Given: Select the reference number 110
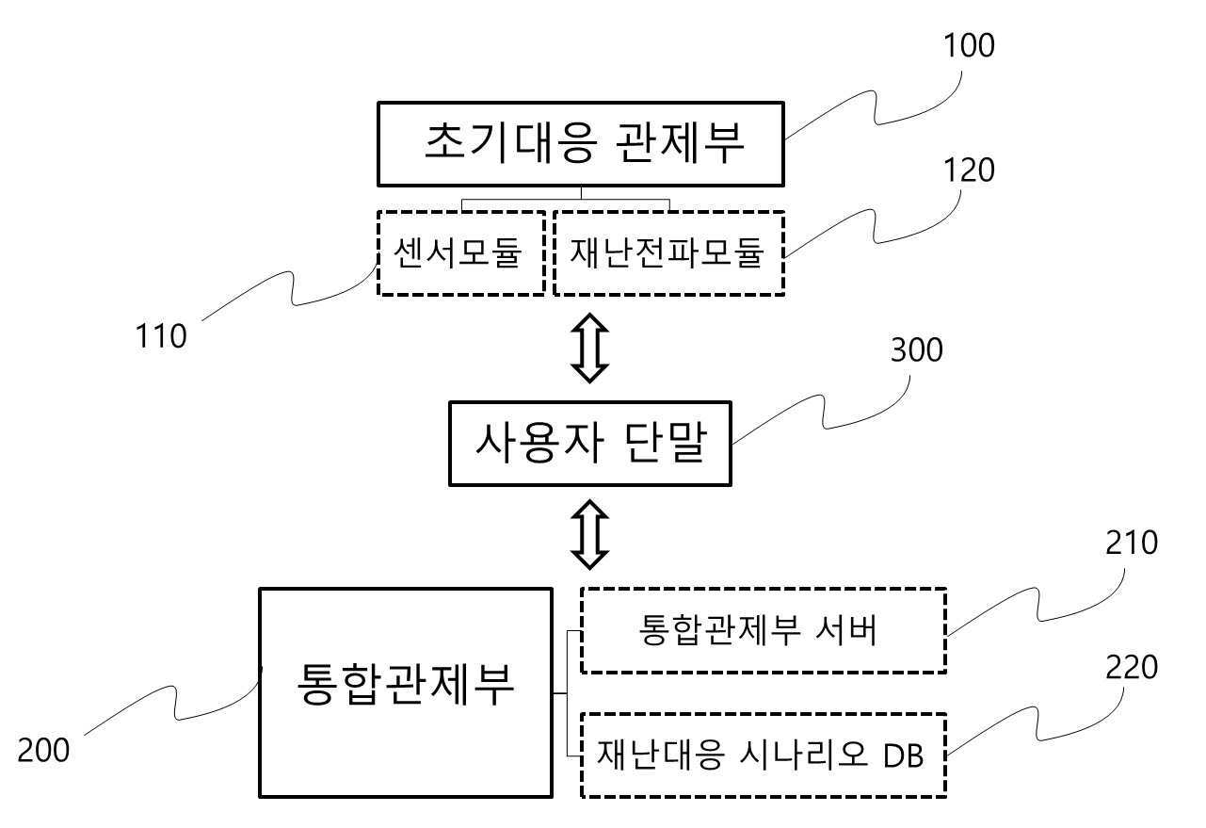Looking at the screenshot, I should (x=160, y=336).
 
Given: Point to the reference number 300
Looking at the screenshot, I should (x=915, y=350).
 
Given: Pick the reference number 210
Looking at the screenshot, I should (x=1130, y=543).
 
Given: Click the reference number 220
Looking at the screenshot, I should (x=1130, y=668).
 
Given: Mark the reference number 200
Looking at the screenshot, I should (x=43, y=751).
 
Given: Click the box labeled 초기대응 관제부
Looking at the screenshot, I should (x=581, y=144).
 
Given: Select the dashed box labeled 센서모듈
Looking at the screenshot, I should (x=461, y=253).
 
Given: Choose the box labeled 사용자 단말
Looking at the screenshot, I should (x=590, y=444).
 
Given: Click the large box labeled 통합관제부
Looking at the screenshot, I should (x=405, y=692).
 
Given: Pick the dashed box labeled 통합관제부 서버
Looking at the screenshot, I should (x=764, y=630).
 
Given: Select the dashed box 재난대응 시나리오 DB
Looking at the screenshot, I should (x=764, y=755).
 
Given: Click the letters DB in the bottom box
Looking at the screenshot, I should (x=904, y=755).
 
